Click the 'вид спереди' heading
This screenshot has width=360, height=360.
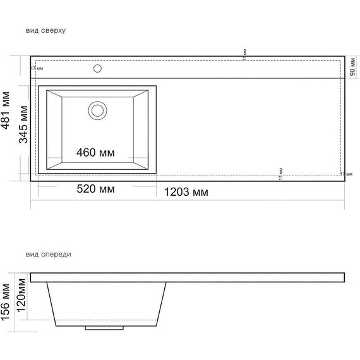point(49,255)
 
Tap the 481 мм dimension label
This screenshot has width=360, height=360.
point(6,119)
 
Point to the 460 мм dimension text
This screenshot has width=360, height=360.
point(95,153)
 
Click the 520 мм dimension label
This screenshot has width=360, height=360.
point(95,189)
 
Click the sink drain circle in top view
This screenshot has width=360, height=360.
point(97,111)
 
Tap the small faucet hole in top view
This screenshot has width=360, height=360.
point(97,68)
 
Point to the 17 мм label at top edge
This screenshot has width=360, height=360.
point(244,55)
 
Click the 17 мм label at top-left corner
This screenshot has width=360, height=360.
point(37,68)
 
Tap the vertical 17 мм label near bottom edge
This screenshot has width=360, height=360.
point(280,174)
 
